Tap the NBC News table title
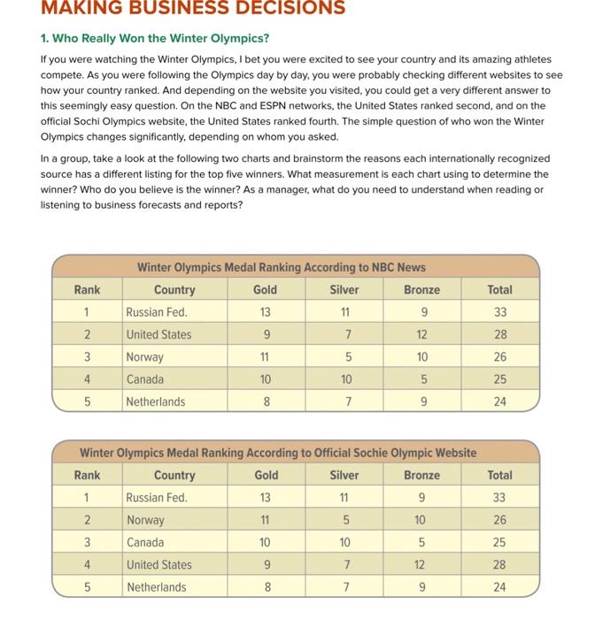(x=281, y=267)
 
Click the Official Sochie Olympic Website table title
(x=278, y=453)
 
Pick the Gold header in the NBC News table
(x=265, y=289)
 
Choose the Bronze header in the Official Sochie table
(x=421, y=475)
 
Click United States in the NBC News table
(x=158, y=334)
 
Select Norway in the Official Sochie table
(x=145, y=520)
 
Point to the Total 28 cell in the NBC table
(x=500, y=334)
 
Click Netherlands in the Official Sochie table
(x=156, y=587)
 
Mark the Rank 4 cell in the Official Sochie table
(x=87, y=565)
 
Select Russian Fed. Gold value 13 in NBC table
(x=265, y=312)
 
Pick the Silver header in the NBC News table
(x=344, y=289)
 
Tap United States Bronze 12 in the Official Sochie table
(x=421, y=565)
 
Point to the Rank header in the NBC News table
(x=87, y=289)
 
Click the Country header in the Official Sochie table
(x=174, y=475)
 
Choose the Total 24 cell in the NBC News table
(x=500, y=401)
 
